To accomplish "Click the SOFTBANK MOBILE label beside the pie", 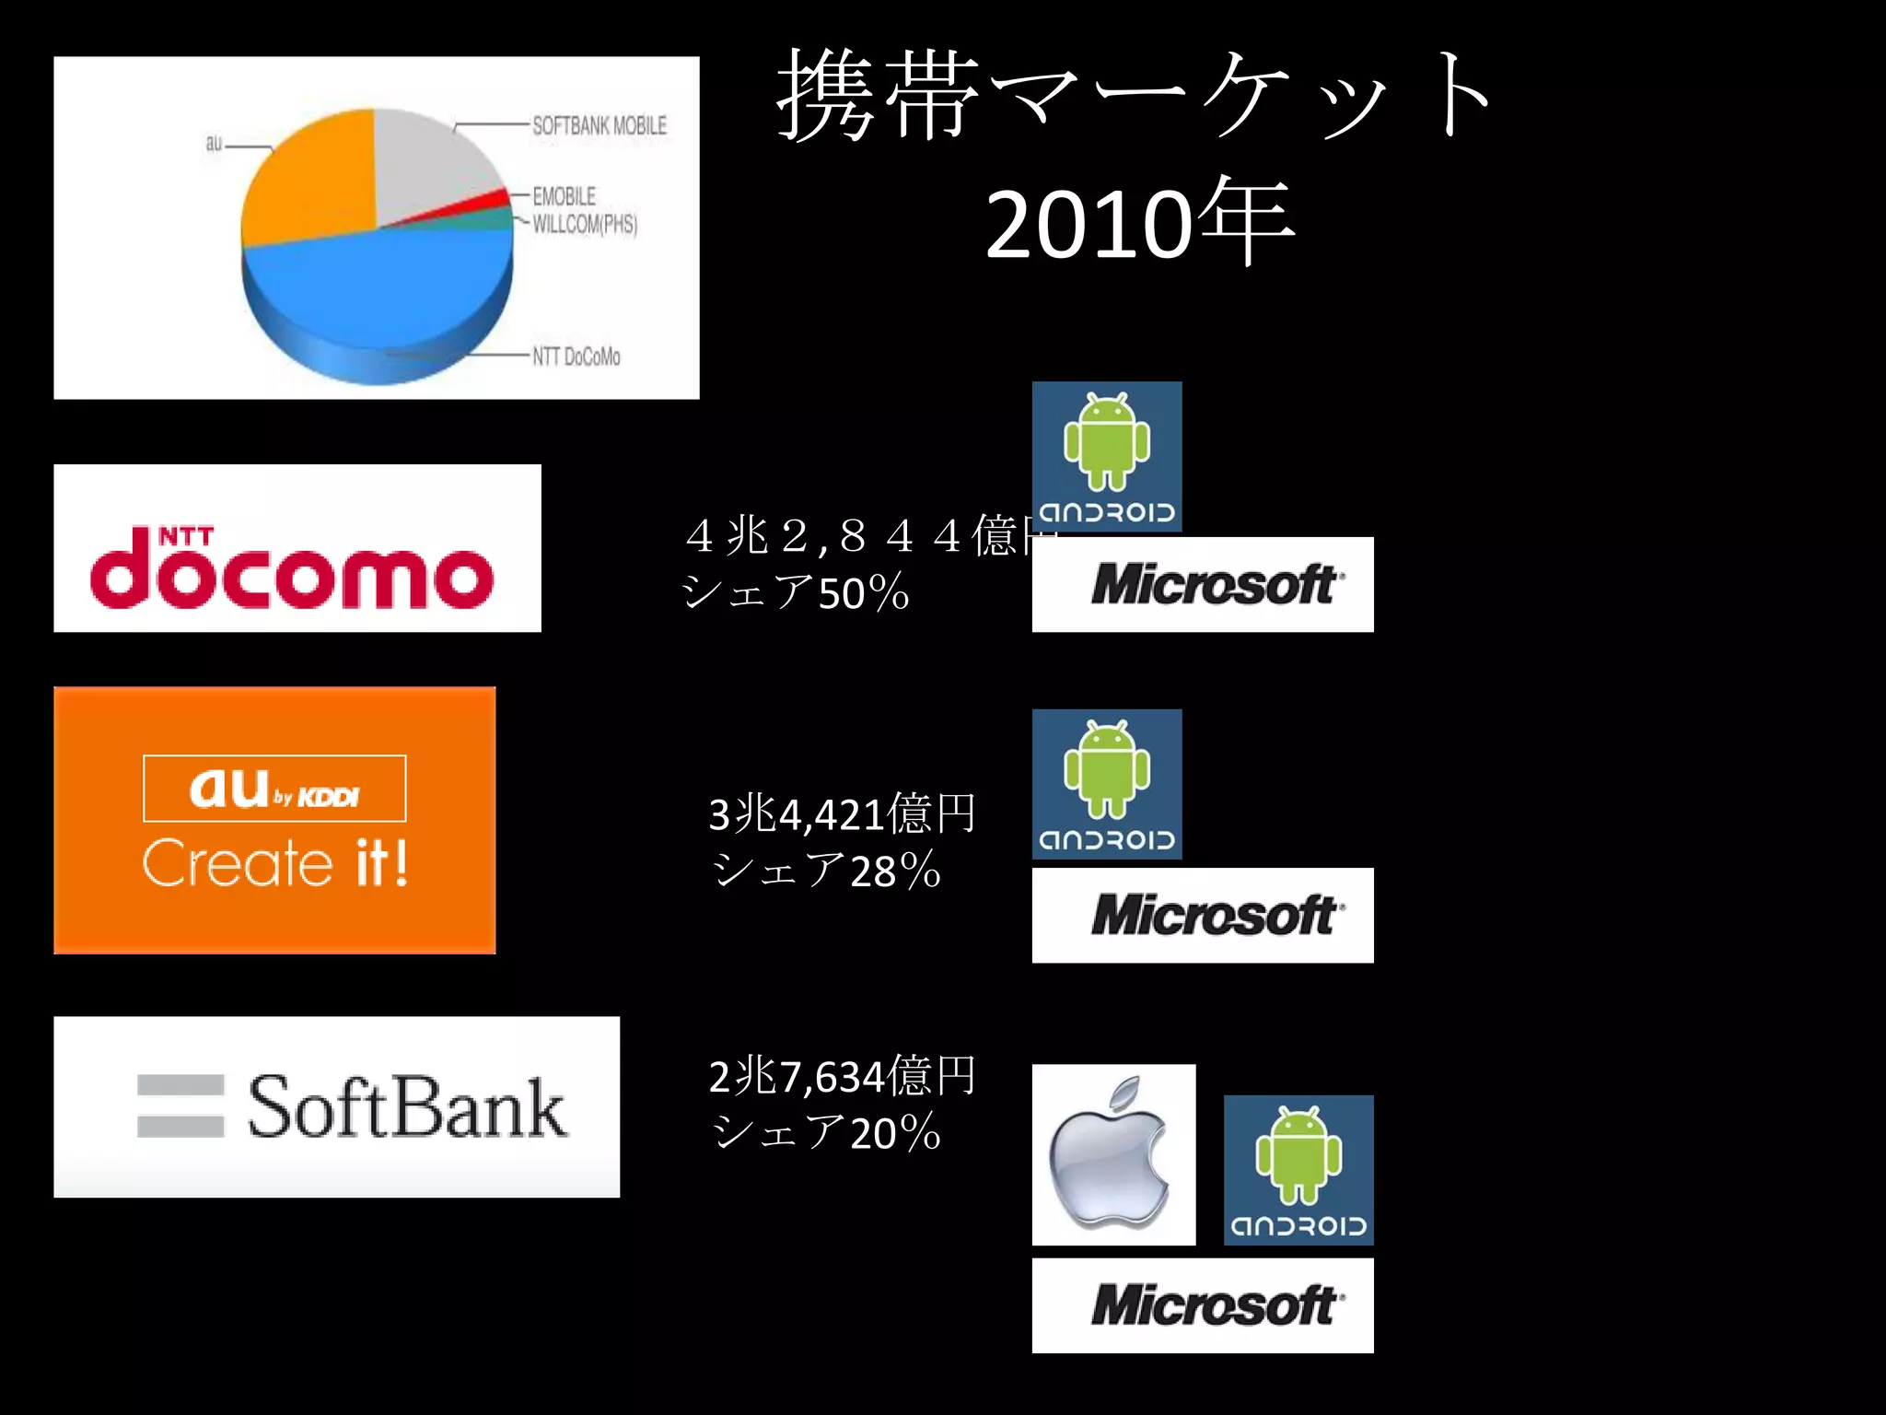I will [x=600, y=126].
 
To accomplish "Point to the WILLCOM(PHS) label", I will [x=585, y=224].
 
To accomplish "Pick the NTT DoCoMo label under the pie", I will [x=576, y=357].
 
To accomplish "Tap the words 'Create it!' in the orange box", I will [x=274, y=863].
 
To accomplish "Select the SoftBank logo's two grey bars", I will [x=180, y=1105].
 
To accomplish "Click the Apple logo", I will [x=1112, y=1155].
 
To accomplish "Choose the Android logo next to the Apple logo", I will [x=1298, y=1170].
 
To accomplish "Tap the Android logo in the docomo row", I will [x=1107, y=456].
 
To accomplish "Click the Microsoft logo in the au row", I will [x=1203, y=915].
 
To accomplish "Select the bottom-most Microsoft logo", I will [x=1203, y=1305].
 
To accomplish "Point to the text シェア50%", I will [x=796, y=592].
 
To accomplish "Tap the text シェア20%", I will [x=826, y=1132].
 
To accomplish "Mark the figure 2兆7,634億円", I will [x=842, y=1076].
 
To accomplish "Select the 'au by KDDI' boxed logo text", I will [x=274, y=789].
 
